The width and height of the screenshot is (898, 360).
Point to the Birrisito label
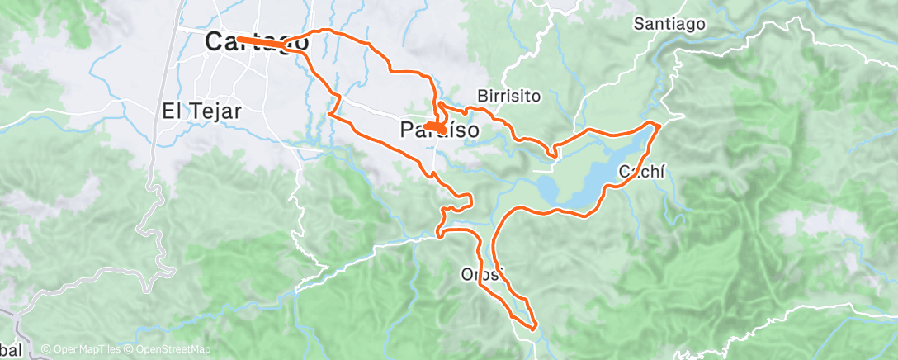coord(509,96)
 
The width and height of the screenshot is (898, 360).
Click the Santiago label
coord(669,23)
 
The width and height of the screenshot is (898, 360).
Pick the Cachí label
coord(641,171)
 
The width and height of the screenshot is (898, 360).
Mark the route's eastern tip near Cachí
coord(659,125)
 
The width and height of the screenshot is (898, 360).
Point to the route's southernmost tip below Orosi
coord(533,328)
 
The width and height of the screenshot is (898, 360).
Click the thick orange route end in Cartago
coord(240,39)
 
